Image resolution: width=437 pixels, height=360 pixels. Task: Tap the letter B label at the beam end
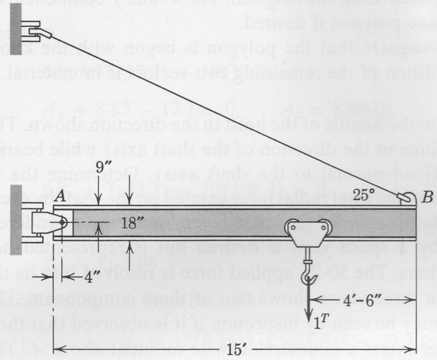point(427,198)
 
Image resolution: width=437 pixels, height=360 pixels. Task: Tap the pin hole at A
point(62,222)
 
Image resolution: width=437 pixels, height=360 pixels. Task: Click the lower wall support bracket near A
point(39,222)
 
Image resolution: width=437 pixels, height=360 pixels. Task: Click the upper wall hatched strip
point(16,28)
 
